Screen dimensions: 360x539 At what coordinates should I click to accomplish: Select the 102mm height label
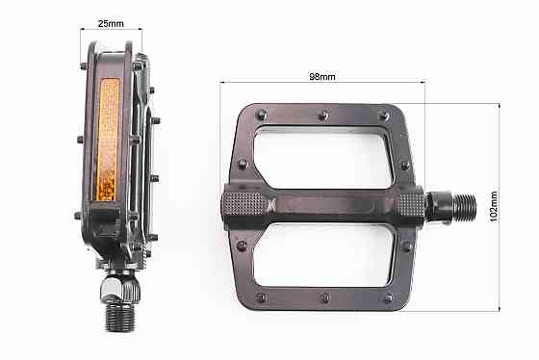pyautogui.click(x=492, y=205)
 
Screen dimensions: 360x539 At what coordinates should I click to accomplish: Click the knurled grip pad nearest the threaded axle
pyautogui.click(x=407, y=206)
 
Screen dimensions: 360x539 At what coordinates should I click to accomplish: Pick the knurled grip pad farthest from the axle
pyautogui.click(x=244, y=206)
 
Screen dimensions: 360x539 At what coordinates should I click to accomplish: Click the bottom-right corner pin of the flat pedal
pyautogui.click(x=389, y=297)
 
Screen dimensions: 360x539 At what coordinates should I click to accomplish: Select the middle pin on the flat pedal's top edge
pyautogui.click(x=321, y=117)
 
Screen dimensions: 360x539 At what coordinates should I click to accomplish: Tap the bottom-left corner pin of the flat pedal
pyautogui.click(x=258, y=297)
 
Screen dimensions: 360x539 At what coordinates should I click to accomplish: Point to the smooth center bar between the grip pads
pyautogui.click(x=325, y=205)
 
